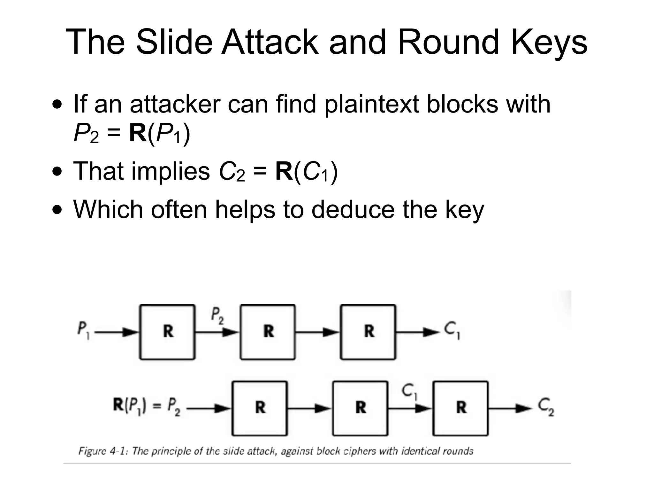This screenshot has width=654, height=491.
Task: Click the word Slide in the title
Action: tap(174, 42)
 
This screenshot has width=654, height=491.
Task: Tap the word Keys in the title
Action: tap(549, 42)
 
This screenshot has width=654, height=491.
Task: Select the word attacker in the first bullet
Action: tap(175, 104)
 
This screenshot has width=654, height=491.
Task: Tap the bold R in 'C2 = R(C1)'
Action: tap(284, 171)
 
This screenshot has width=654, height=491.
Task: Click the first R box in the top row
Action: tap(167, 332)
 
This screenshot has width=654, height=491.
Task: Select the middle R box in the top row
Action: tap(268, 332)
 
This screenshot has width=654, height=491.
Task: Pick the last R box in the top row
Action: tap(368, 332)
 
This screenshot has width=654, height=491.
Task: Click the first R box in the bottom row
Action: tap(260, 408)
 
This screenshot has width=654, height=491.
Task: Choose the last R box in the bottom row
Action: tap(460, 408)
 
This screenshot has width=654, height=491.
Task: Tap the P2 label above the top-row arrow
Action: tap(217, 316)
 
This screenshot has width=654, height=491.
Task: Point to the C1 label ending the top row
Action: tap(452, 331)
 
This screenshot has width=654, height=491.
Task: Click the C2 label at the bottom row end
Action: tap(546, 407)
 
